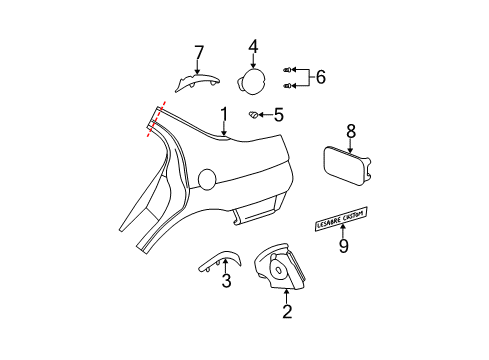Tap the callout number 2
pos(287,312)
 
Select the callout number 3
pos(226,281)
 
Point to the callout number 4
pos(253,45)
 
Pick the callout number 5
pos(279,115)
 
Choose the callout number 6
pos(320,76)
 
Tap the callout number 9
pos(343,244)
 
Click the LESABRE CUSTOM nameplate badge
pos(342,214)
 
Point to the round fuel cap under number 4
pos(250,78)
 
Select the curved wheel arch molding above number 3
pos(215,259)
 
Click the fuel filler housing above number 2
pos(279,267)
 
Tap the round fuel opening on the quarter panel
pos(206,179)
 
